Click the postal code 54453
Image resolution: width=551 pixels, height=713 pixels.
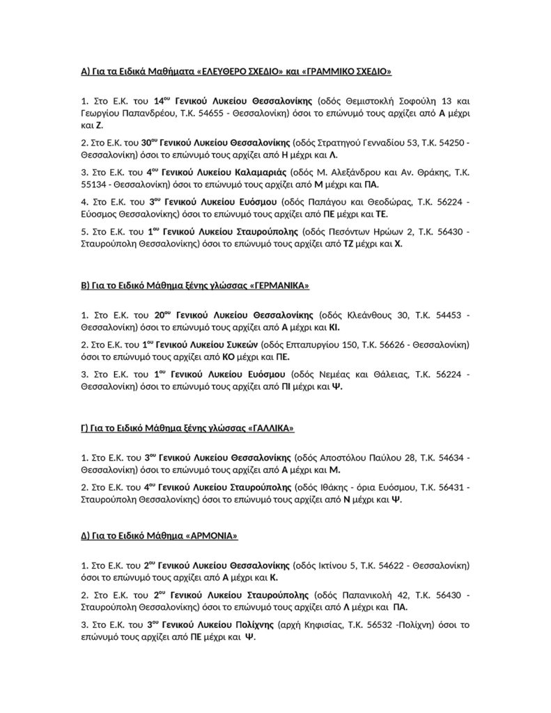[x=448, y=315]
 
